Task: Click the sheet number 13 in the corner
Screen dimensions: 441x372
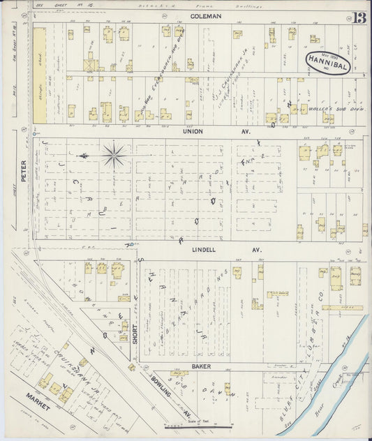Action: (x=360, y=19)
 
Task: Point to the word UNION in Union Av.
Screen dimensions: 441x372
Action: (x=191, y=130)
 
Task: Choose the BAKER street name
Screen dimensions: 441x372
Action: (x=202, y=366)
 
